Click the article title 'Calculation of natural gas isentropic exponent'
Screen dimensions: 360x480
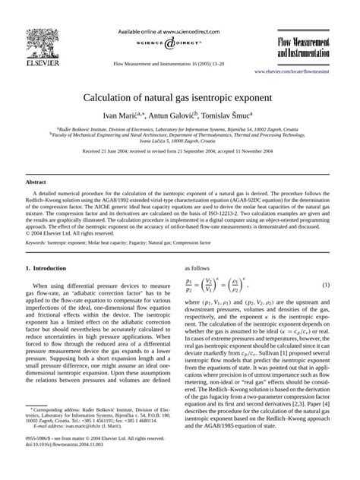click(179, 99)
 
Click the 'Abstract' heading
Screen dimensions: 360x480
click(36, 183)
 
